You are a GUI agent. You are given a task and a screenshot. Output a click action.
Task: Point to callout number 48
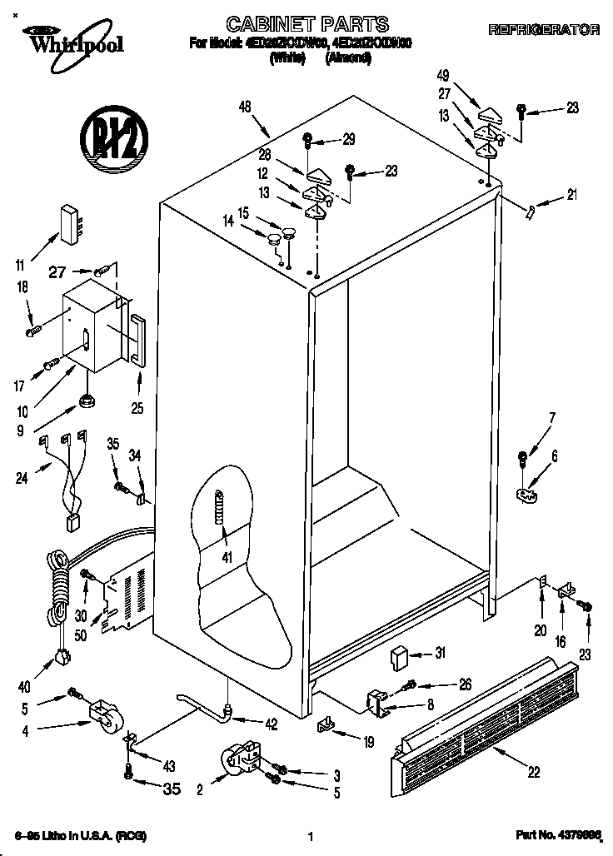[x=244, y=106]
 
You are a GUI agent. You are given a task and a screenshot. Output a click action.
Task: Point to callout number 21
[x=571, y=196]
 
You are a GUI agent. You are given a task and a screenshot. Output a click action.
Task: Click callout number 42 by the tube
[x=271, y=724]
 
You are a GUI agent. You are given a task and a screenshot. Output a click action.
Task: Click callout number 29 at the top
[x=348, y=138]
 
